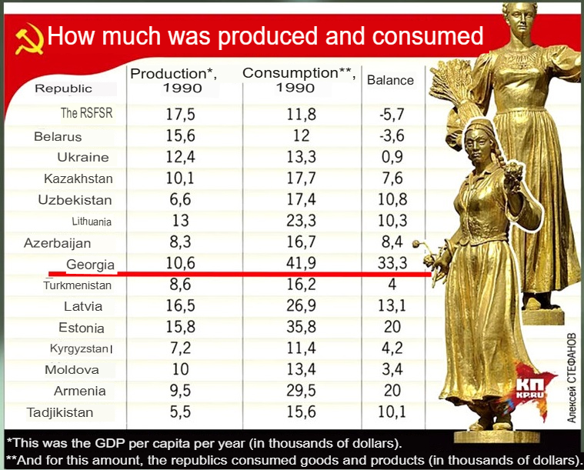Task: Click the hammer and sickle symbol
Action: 29,38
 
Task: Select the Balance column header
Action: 390,80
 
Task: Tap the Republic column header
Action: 63,88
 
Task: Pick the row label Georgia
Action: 90,265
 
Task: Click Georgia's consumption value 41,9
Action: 301,263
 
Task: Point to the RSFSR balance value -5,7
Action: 392,114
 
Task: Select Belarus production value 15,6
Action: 180,135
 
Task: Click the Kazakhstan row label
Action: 78,178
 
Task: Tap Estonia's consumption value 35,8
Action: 301,327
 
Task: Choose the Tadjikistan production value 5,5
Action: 180,412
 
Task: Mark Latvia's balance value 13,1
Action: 392,305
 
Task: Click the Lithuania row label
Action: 92,222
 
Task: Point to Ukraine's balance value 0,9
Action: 392,157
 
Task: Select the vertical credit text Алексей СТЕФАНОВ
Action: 572,377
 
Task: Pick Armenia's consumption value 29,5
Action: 301,391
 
